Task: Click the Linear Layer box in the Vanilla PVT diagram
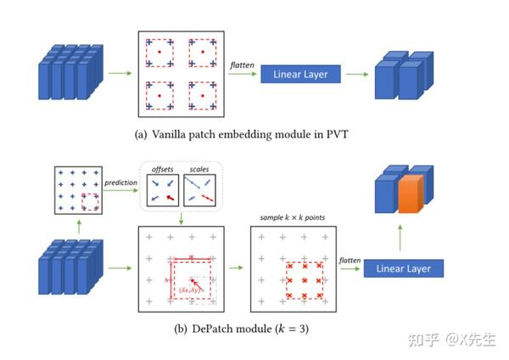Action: click(x=306, y=75)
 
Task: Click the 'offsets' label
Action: click(x=160, y=170)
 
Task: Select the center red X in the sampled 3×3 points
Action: click(x=305, y=278)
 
